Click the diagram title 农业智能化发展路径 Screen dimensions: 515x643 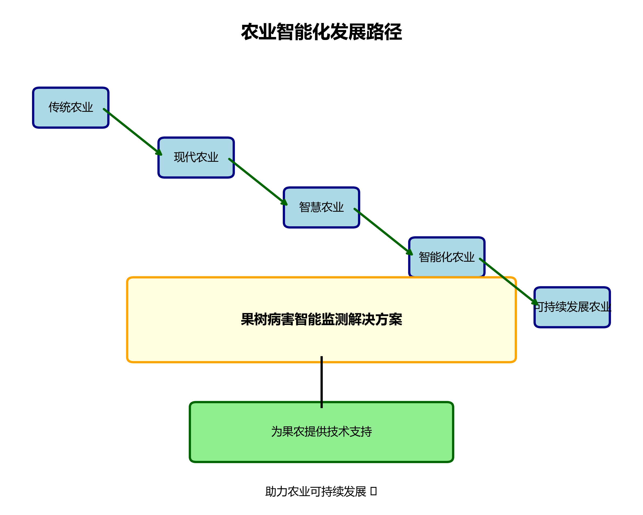(x=321, y=32)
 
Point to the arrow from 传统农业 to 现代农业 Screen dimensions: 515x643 (x=132, y=132)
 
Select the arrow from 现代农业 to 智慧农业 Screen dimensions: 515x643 (x=258, y=182)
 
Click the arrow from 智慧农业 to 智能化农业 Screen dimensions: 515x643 (x=383, y=231)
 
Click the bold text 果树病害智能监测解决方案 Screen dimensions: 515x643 (x=321, y=319)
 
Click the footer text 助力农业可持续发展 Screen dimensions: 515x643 (x=315, y=492)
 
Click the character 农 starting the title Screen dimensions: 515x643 (x=250, y=32)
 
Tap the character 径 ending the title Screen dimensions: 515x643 (x=393, y=32)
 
